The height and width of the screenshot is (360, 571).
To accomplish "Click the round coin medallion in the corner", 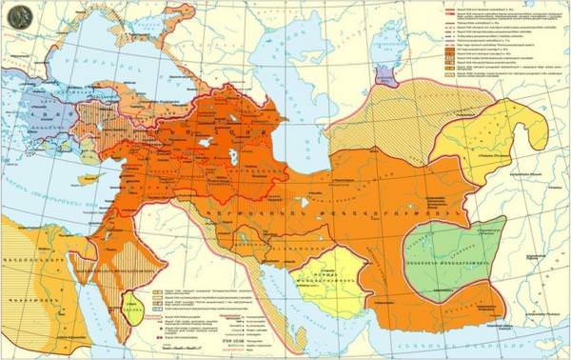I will point(15,14).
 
